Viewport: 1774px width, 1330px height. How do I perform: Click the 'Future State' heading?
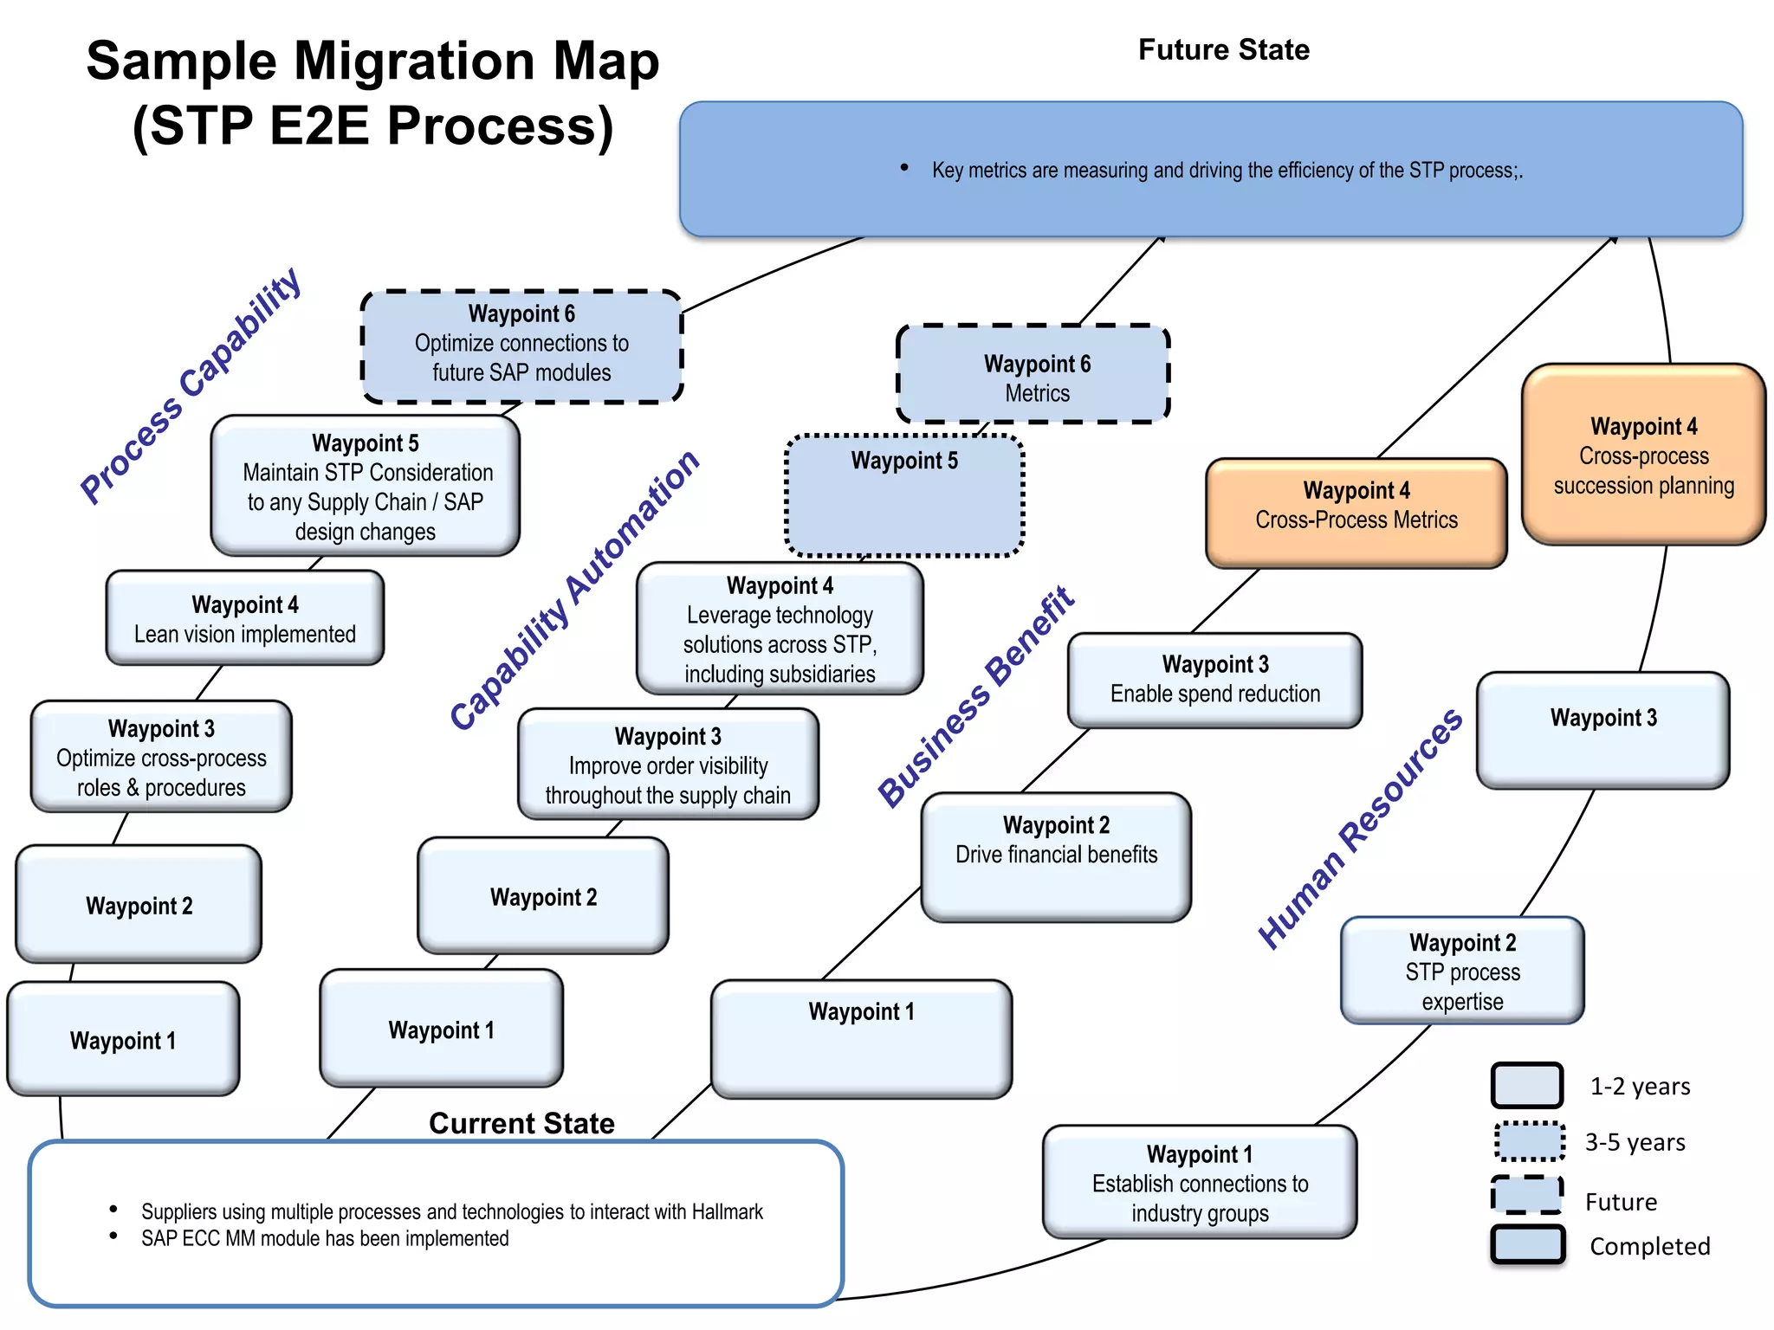[x=1222, y=50]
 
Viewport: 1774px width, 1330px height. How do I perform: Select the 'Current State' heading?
[x=521, y=1123]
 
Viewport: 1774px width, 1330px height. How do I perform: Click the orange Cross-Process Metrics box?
[x=1356, y=513]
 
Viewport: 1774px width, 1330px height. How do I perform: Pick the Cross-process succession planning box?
[x=1643, y=455]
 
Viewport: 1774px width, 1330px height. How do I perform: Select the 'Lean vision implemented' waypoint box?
[x=244, y=618]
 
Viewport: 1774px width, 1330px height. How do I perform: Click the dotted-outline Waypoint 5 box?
[x=904, y=496]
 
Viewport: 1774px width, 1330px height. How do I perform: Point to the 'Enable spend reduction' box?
[x=1214, y=681]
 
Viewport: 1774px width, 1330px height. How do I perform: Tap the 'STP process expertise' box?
[x=1462, y=971]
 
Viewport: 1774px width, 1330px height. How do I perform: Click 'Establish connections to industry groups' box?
[x=1199, y=1182]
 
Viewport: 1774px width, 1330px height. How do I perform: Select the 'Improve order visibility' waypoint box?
[x=667, y=765]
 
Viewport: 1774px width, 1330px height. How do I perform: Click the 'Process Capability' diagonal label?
[x=191, y=386]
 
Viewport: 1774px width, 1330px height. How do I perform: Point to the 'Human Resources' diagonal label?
[x=1359, y=830]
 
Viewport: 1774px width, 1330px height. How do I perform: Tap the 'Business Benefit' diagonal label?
[x=975, y=698]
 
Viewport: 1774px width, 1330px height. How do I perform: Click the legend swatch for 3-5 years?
[x=1529, y=1141]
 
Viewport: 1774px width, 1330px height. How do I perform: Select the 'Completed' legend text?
[x=1649, y=1246]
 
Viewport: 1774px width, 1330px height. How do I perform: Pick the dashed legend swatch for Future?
[x=1527, y=1196]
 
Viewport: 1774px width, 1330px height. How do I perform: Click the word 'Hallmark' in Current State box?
[x=727, y=1211]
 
